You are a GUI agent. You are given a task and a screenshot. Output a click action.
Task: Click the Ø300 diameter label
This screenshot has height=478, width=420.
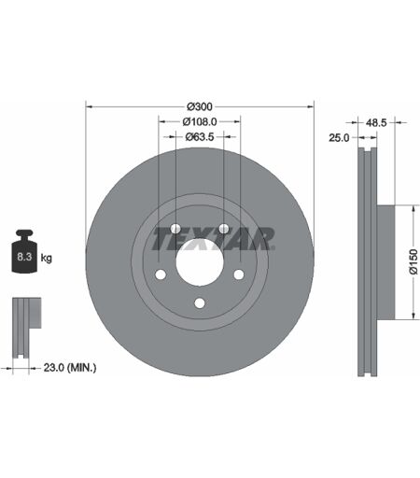pos(200,106)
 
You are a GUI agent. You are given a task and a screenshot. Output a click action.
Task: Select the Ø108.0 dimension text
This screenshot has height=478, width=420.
pos(200,121)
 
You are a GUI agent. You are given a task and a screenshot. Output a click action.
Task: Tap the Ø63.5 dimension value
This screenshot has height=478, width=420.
pos(200,136)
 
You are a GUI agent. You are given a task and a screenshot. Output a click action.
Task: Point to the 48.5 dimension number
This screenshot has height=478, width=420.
pos(376,123)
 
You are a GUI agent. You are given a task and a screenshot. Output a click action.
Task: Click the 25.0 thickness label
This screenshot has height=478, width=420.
pos(339,137)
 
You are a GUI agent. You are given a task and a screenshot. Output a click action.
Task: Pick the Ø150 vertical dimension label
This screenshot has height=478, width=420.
pos(413,261)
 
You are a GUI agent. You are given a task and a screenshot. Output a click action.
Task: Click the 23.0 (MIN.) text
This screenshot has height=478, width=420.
pos(70,368)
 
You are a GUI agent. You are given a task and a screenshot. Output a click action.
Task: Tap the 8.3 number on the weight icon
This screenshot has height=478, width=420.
pos(24,257)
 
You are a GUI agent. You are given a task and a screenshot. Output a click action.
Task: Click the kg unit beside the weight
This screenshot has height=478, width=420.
pos(47,258)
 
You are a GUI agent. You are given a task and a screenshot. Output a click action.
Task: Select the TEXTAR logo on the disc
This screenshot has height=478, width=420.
pos(214,239)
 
